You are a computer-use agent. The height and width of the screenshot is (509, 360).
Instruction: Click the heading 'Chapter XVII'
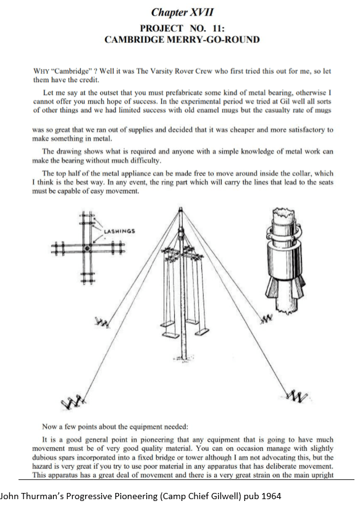click(x=182, y=12)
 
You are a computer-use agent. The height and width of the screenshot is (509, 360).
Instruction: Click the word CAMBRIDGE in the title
click(x=134, y=39)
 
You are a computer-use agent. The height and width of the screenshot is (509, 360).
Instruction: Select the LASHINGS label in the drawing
click(x=119, y=231)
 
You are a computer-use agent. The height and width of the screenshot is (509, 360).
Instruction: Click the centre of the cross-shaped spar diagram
click(x=87, y=249)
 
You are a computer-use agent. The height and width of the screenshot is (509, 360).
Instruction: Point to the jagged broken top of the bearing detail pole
click(x=285, y=212)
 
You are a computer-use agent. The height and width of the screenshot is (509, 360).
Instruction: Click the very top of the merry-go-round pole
click(x=181, y=209)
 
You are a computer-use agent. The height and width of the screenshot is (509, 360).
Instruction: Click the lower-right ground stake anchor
click(x=297, y=395)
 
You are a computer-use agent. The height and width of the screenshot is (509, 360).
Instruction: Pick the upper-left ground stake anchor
click(x=103, y=321)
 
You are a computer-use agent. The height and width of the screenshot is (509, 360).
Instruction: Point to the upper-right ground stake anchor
click(x=266, y=320)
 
